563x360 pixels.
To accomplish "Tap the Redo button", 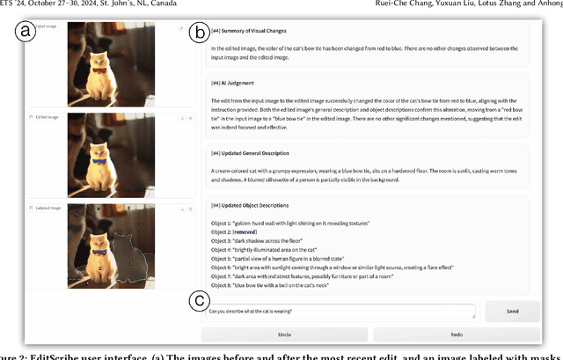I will coord(457,334).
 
